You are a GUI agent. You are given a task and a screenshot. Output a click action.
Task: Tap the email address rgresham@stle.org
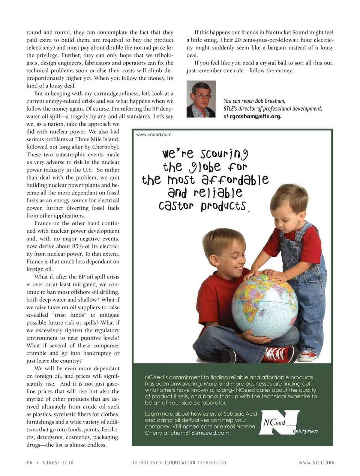(x=255, y=116)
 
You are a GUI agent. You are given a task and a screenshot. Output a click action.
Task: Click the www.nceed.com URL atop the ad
(x=153, y=135)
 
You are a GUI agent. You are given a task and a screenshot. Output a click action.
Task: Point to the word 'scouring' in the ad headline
(x=224, y=154)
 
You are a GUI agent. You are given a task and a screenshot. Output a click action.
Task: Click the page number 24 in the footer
(x=29, y=463)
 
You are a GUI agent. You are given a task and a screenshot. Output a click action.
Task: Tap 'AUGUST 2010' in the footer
(x=58, y=463)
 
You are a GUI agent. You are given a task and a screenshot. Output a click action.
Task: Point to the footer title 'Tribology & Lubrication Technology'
(x=180, y=463)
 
